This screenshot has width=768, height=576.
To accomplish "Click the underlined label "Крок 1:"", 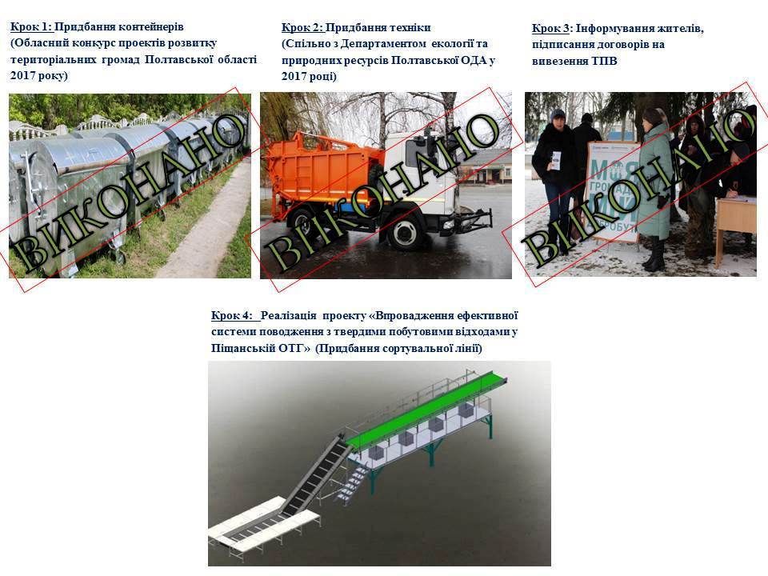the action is [x=31, y=27].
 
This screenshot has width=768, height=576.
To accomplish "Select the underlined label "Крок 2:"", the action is [x=302, y=27].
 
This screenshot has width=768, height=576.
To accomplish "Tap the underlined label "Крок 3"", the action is [x=550, y=29].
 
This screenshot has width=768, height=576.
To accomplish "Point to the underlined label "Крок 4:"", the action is [x=232, y=315].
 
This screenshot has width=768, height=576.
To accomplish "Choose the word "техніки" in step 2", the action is [x=410, y=27].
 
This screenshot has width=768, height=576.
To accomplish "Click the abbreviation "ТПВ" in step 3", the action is [x=605, y=62].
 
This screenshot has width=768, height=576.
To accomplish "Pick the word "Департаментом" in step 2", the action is [x=383, y=44].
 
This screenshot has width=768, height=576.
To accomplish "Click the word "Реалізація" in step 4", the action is [x=289, y=315].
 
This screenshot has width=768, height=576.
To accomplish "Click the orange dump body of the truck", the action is [x=323, y=173].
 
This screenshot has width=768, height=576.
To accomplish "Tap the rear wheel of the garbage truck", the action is [x=302, y=223].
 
